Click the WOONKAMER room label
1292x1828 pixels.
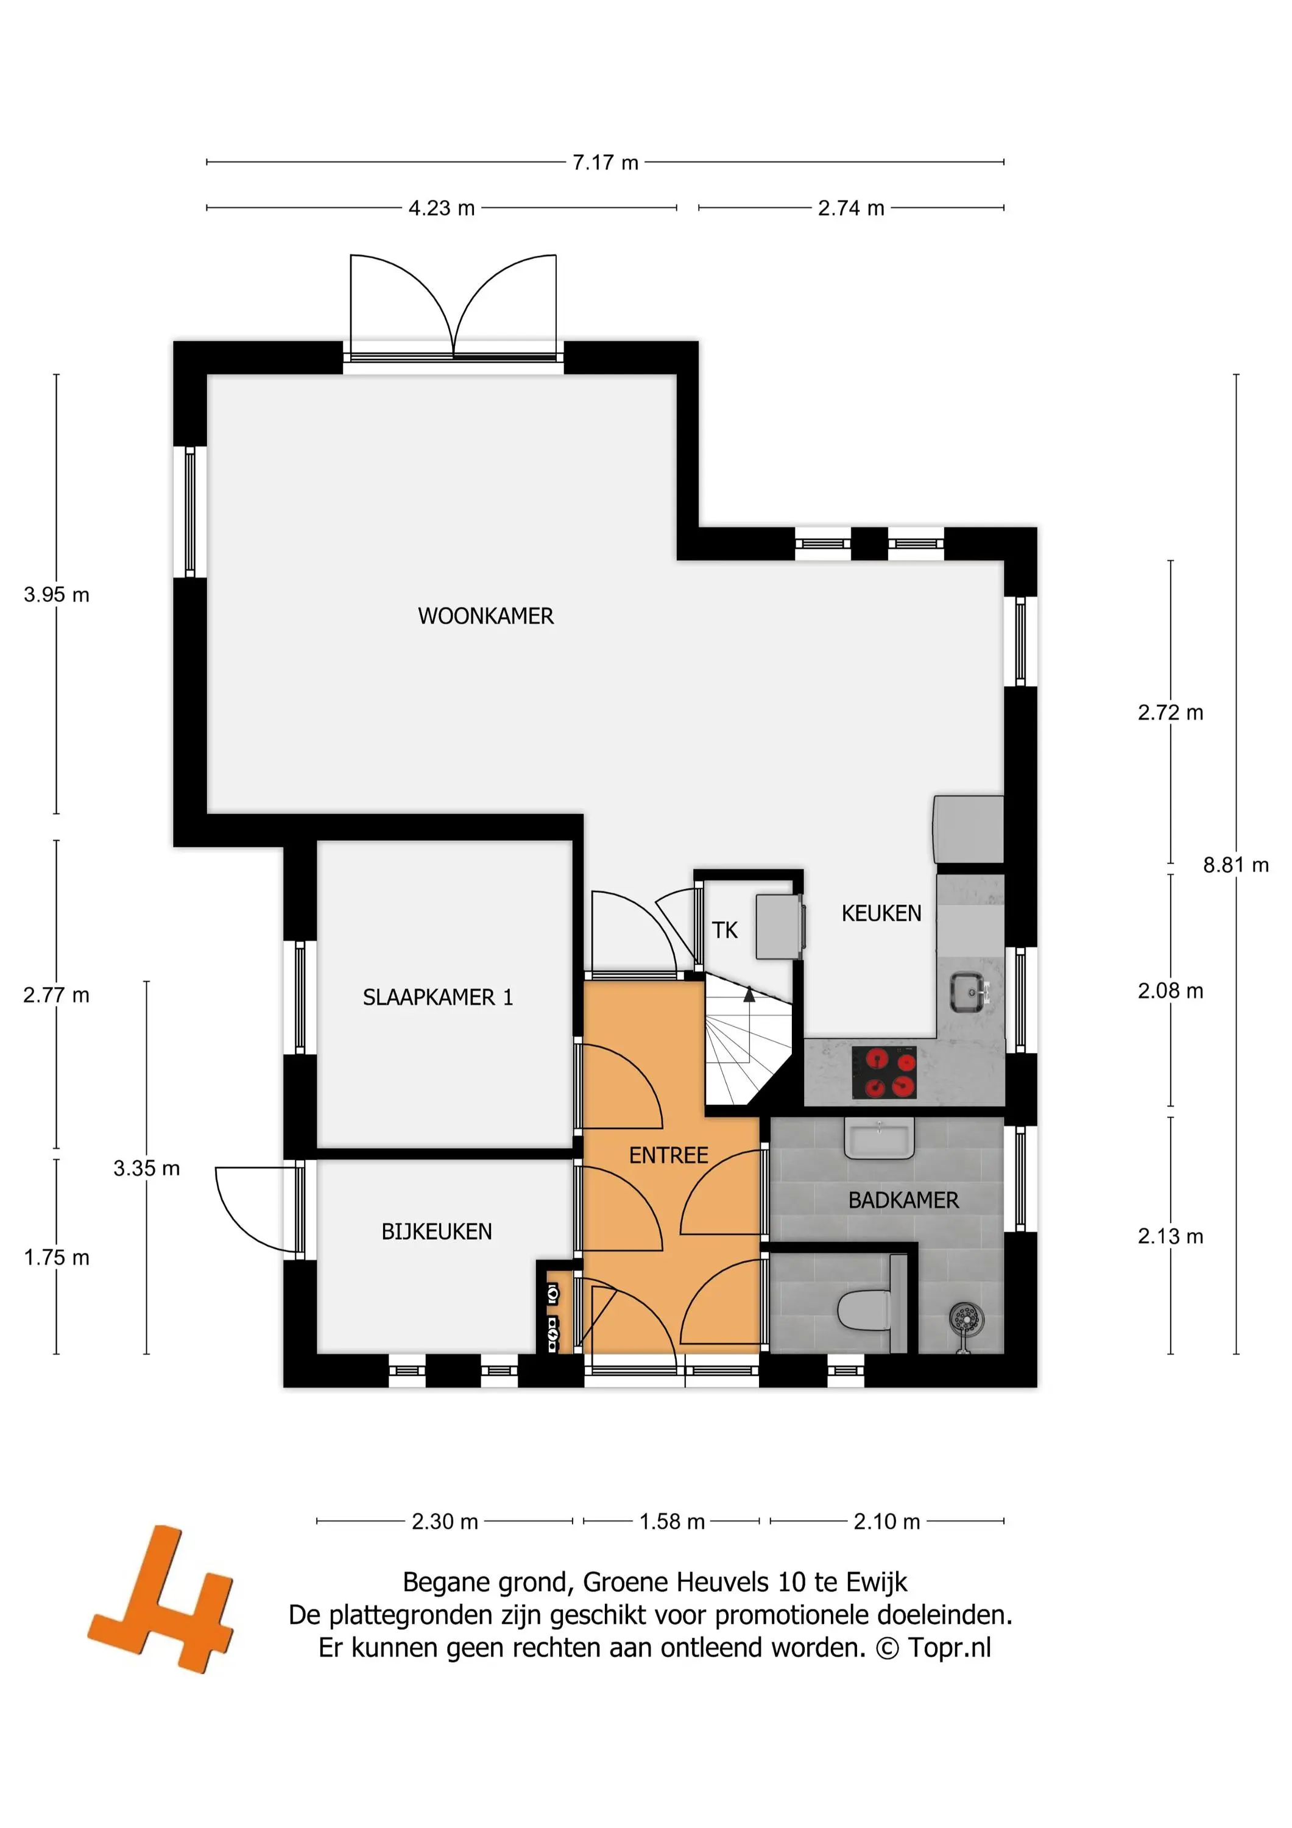pos(485,615)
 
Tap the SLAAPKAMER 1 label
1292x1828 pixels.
pos(438,997)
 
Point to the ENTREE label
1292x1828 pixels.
pos(669,1155)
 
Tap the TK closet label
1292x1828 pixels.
pos(724,929)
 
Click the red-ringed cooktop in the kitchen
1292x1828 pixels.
pos(884,1072)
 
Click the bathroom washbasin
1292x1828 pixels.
pos(880,1139)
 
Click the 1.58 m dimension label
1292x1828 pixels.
pos(672,1522)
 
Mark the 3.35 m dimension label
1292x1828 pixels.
pos(146,1168)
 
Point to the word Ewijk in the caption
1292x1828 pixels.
pos(877,1582)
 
